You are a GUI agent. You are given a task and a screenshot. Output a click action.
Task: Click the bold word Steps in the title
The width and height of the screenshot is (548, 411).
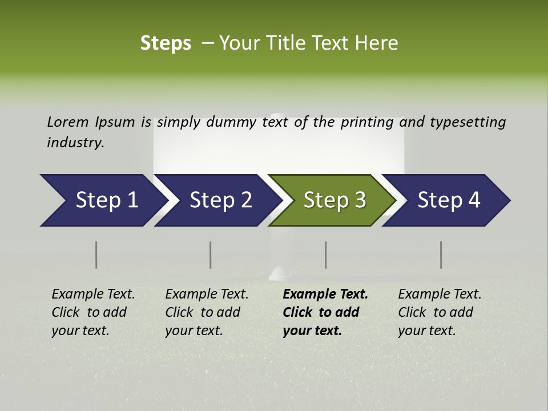click(166, 43)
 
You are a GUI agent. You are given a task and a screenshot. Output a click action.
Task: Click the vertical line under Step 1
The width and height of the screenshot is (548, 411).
click(96, 255)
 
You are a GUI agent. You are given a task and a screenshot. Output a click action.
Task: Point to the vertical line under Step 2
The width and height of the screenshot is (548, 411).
click(211, 255)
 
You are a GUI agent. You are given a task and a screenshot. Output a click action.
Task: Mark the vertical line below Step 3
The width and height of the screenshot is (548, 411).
click(326, 255)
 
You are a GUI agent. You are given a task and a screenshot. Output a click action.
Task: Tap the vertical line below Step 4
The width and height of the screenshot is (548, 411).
click(441, 255)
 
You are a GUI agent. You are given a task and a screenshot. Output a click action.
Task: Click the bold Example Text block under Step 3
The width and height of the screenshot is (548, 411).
click(325, 312)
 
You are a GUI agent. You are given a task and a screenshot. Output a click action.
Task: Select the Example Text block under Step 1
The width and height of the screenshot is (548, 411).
click(93, 312)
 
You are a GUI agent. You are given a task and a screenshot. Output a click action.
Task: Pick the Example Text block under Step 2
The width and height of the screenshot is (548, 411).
click(207, 312)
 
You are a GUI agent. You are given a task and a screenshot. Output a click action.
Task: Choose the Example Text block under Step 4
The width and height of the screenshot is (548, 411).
click(440, 312)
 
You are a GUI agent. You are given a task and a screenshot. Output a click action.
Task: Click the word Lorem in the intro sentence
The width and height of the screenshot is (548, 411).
click(68, 122)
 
